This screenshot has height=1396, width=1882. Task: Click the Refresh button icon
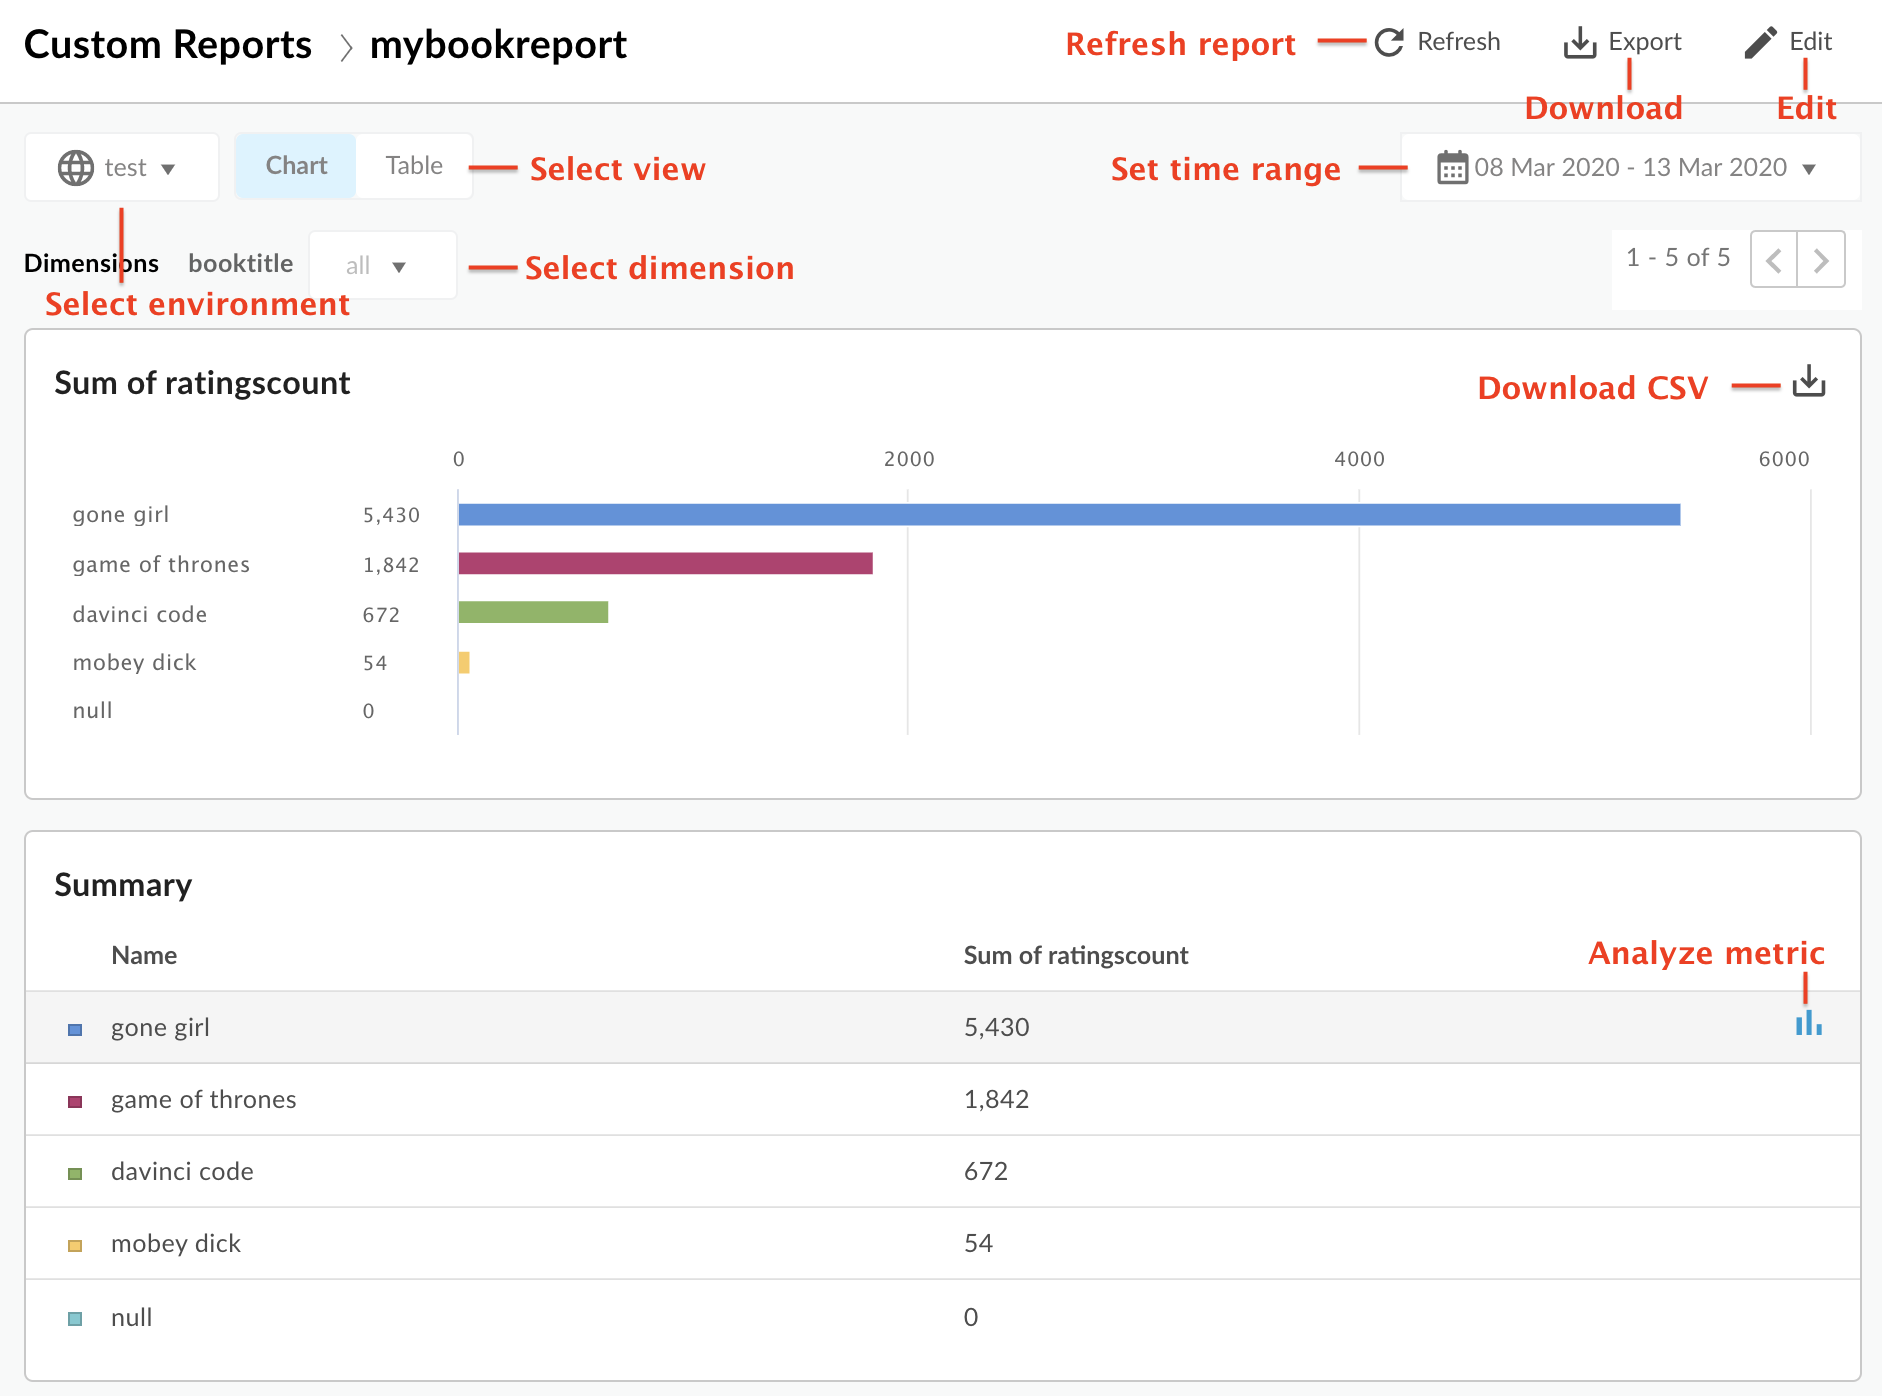(x=1389, y=42)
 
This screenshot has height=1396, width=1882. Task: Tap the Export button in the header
(x=1622, y=42)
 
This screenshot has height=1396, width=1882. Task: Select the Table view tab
(x=414, y=166)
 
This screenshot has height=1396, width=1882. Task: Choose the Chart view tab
(x=296, y=166)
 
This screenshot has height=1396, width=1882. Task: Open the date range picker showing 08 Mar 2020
(x=1629, y=167)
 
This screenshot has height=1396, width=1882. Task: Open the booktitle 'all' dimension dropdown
(x=381, y=266)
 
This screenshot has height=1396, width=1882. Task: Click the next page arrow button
(x=1821, y=260)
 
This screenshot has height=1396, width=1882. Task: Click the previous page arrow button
(x=1774, y=260)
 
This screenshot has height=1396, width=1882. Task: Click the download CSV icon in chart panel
(x=1808, y=381)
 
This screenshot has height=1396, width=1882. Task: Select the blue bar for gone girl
(x=1068, y=514)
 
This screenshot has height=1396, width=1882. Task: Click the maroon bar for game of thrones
(x=665, y=563)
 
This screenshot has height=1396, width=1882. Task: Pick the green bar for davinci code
(x=533, y=612)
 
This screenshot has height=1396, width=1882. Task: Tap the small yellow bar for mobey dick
(x=464, y=662)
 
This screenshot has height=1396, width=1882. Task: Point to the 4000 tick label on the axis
(x=1359, y=459)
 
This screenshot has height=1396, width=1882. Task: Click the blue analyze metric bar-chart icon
(x=1808, y=1024)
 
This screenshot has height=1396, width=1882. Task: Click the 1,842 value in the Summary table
(x=996, y=1099)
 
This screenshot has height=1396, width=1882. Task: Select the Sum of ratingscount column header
(x=1075, y=955)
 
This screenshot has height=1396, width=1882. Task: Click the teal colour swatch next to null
(x=75, y=1318)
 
